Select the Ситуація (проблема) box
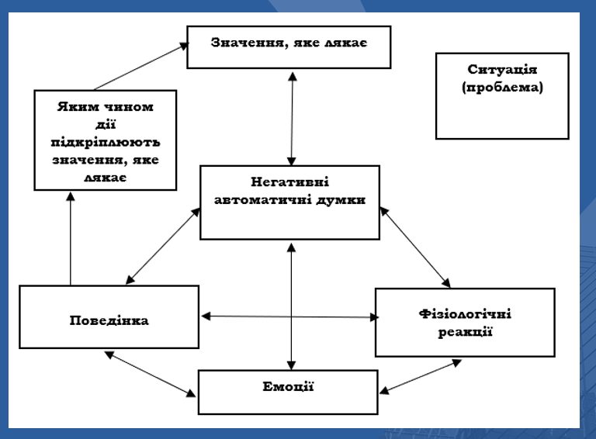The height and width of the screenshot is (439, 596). (x=501, y=95)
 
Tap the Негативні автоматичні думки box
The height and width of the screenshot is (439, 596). (x=290, y=202)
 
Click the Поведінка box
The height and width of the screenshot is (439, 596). (x=109, y=317)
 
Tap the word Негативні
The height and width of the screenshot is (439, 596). (x=290, y=183)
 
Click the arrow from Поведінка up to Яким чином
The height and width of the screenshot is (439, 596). (x=71, y=239)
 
